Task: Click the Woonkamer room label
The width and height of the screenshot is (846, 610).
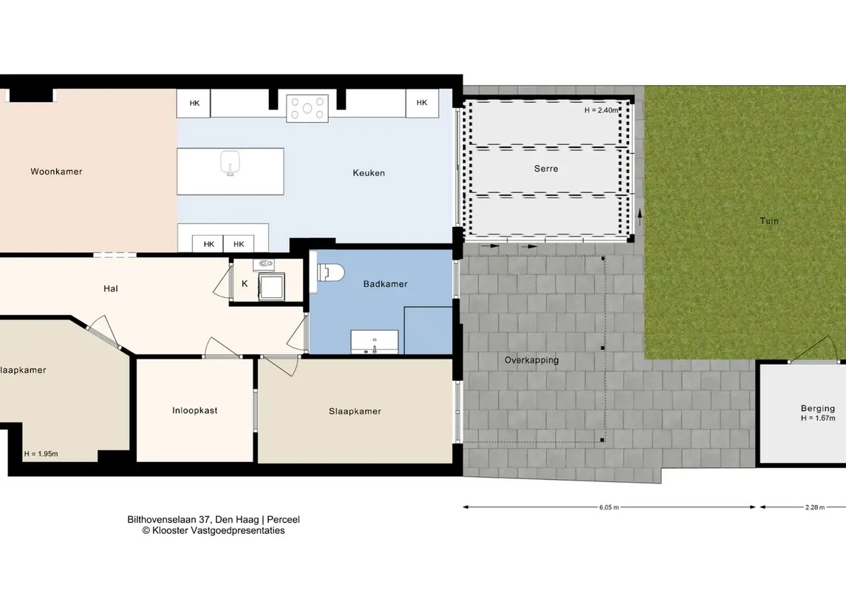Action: pyautogui.click(x=56, y=172)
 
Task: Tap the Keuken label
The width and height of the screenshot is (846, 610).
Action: pyautogui.click(x=369, y=173)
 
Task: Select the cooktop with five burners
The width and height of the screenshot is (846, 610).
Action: pyautogui.click(x=307, y=108)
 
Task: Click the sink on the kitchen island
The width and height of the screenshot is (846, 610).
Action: pyautogui.click(x=231, y=163)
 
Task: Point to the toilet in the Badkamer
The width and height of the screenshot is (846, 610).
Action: pyautogui.click(x=331, y=273)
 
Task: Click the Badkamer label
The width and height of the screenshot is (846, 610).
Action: pyautogui.click(x=385, y=284)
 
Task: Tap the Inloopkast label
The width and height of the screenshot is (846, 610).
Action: pyautogui.click(x=195, y=410)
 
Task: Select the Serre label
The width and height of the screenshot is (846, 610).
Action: pyautogui.click(x=546, y=169)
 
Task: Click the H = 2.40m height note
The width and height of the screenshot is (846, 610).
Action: pyautogui.click(x=601, y=110)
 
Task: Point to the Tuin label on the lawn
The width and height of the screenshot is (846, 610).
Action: pyautogui.click(x=769, y=221)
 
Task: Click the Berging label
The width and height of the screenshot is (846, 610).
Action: pyautogui.click(x=818, y=408)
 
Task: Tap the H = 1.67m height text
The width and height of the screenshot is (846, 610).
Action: pyautogui.click(x=818, y=418)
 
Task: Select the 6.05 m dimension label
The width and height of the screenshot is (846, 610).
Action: pyautogui.click(x=609, y=507)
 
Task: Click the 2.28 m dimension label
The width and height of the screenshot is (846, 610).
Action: pyautogui.click(x=815, y=507)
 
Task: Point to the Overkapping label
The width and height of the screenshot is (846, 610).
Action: pyautogui.click(x=531, y=360)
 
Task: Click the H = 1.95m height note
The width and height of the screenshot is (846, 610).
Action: pyautogui.click(x=41, y=454)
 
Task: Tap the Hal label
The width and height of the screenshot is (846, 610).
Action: pyautogui.click(x=111, y=289)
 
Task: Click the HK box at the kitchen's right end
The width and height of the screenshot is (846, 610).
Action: pyautogui.click(x=422, y=103)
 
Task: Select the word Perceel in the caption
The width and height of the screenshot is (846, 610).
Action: pyautogui.click(x=283, y=519)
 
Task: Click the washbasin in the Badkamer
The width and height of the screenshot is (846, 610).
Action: pyautogui.click(x=375, y=342)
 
